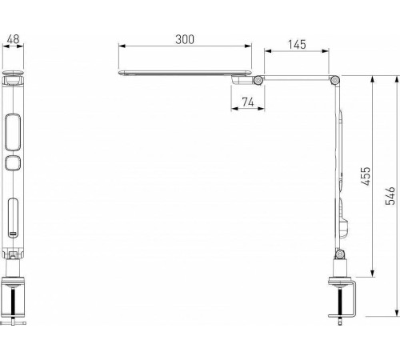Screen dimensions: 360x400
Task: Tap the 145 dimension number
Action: (x=296, y=46)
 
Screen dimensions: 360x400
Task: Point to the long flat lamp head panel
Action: (x=184, y=73)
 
